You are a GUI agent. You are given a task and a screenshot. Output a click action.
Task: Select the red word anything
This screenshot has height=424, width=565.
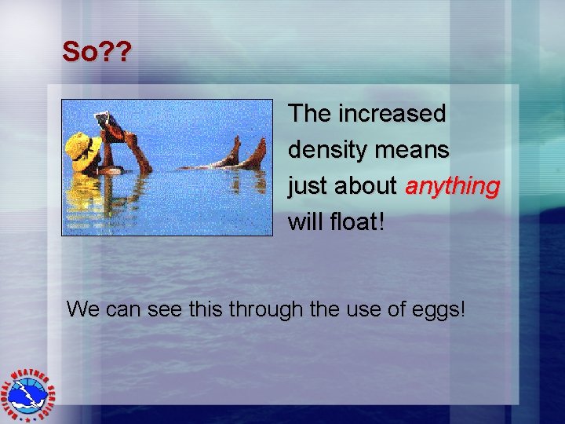point(452,186)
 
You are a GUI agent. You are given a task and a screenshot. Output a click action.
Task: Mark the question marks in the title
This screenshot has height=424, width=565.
point(118,52)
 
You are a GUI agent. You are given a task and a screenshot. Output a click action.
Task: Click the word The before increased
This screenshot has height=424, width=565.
point(310,114)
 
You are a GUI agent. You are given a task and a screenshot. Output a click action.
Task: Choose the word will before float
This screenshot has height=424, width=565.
point(307,222)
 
